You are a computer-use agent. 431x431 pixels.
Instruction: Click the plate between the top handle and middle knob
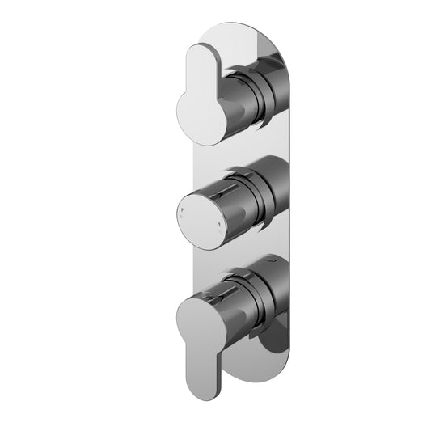(235, 150)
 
